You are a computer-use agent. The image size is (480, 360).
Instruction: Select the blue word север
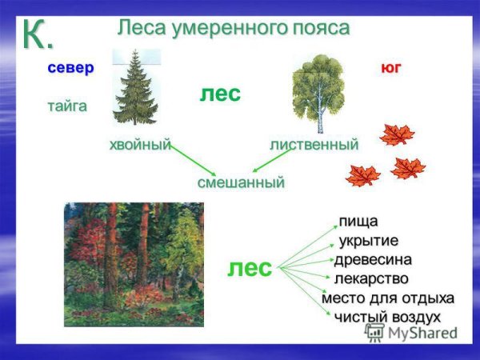70,68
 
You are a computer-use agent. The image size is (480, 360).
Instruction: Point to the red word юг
390,68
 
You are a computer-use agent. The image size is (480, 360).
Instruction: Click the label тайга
66,106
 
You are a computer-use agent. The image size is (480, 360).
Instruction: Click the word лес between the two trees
220,94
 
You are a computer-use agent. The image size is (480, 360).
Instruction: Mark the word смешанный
241,182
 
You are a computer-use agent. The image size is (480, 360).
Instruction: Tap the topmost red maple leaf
397,134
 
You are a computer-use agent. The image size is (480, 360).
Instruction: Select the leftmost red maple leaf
362,174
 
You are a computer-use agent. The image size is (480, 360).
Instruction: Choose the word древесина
373,260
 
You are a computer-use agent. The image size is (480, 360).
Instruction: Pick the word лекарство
371,279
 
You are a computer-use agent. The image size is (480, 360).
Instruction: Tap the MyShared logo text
412,334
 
